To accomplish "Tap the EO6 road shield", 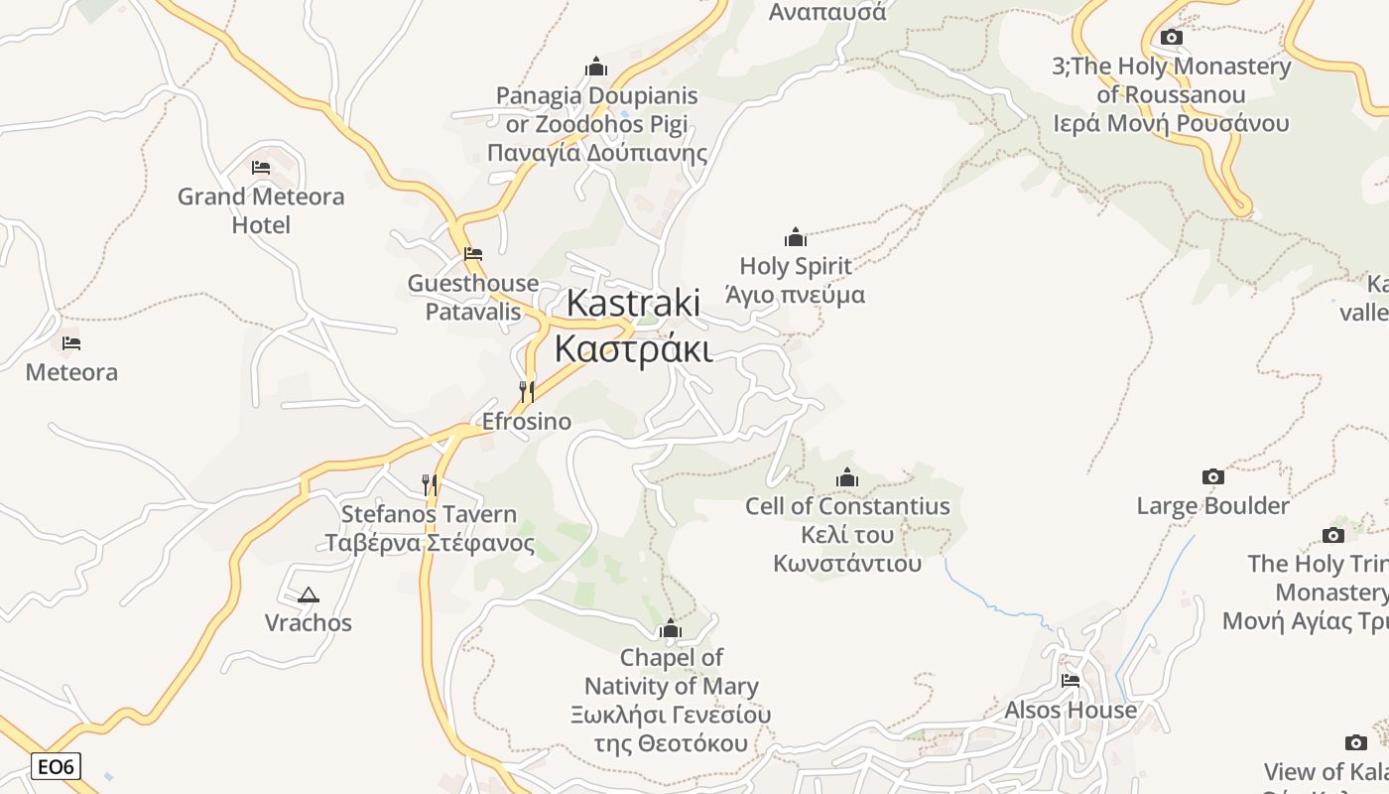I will (x=56, y=766).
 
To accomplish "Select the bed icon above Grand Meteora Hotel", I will (x=261, y=167).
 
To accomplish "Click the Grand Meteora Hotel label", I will (x=261, y=210).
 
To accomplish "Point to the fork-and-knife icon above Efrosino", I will (x=527, y=391).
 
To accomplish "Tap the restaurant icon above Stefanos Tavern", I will (x=430, y=484).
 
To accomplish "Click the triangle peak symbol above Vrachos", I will (x=309, y=595).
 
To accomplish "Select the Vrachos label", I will (x=309, y=623).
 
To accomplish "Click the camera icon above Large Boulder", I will (x=1212, y=477).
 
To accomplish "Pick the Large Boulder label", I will (x=1212, y=506).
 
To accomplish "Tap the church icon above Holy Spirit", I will (x=796, y=237).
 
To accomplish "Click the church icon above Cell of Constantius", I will (x=847, y=478).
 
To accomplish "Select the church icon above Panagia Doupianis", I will (x=596, y=66).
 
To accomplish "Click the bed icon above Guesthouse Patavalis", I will (x=473, y=254).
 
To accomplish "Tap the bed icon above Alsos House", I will (x=1071, y=681).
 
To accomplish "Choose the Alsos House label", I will (x=1071, y=711).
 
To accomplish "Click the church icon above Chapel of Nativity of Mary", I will (x=671, y=629).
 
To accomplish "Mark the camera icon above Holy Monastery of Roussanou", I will (x=1172, y=38).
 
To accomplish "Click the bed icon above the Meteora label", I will (x=71, y=343).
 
